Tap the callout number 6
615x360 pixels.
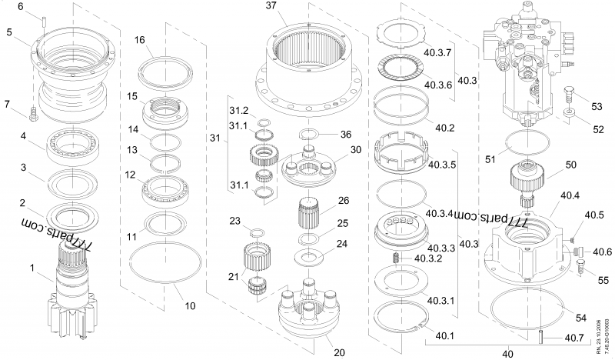[x=21, y=6]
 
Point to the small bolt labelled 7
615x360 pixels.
[x=32, y=115]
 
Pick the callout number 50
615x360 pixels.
[x=570, y=165]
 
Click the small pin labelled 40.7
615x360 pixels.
[x=540, y=336]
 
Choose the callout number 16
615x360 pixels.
[x=139, y=39]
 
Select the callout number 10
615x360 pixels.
[x=190, y=305]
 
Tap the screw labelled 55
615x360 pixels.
[x=582, y=268]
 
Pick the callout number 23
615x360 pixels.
[x=235, y=221]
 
